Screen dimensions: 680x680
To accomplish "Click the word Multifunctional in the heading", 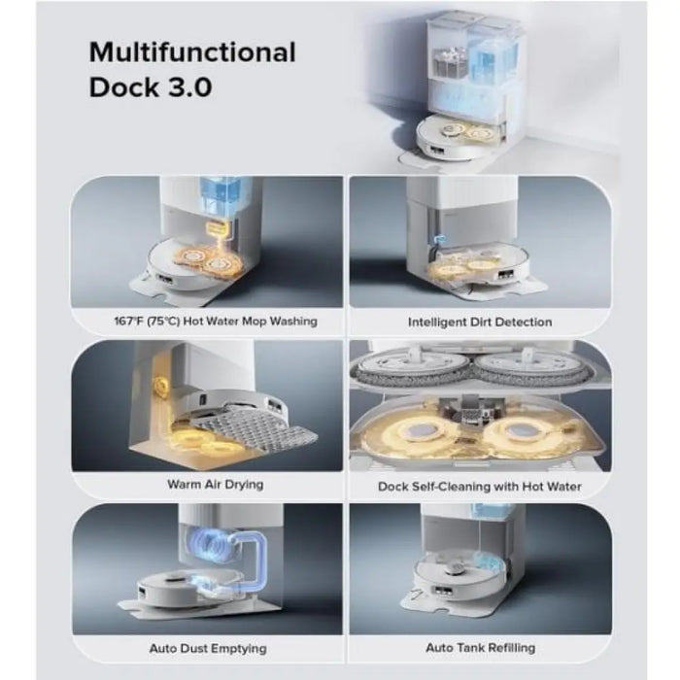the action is pyautogui.click(x=192, y=52).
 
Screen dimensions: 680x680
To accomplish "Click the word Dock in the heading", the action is pyautogui.click(x=124, y=87).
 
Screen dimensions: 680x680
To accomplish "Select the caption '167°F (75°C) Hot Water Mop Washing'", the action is pyautogui.click(x=216, y=322).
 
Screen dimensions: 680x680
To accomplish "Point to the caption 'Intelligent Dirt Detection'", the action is pyautogui.click(x=480, y=323).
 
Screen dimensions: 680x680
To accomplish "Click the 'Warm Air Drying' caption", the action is pyautogui.click(x=216, y=484).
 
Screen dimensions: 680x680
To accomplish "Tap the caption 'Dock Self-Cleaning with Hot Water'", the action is pyautogui.click(x=480, y=487).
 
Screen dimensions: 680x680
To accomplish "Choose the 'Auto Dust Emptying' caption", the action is pyautogui.click(x=208, y=648).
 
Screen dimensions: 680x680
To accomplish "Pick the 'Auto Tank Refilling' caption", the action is pyautogui.click(x=481, y=648).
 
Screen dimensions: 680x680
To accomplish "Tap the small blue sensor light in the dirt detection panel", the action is pyautogui.click(x=440, y=238).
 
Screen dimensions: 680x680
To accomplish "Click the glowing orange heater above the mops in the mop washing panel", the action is pyautogui.click(x=219, y=228).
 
